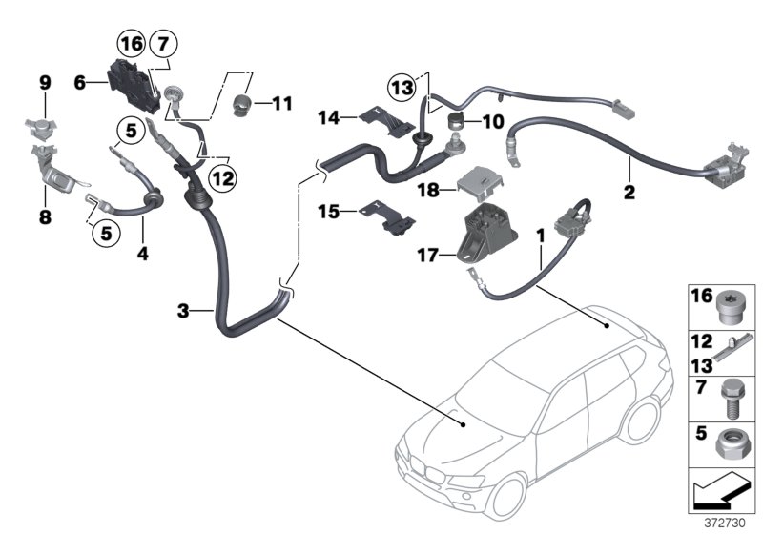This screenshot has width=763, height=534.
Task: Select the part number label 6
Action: pos(81,83)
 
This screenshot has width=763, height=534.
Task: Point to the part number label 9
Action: pos(44,84)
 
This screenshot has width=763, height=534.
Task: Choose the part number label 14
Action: pos(329,118)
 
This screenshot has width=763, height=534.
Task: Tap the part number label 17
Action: pos(426,255)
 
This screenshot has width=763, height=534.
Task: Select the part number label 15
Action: pos(329,211)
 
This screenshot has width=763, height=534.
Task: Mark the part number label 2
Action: pos(628,192)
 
